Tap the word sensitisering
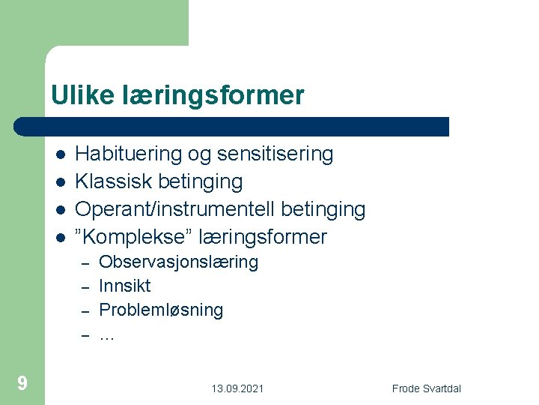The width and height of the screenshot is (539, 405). pyautogui.click(x=275, y=154)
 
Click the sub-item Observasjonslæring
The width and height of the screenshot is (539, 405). pyautogui.click(x=178, y=262)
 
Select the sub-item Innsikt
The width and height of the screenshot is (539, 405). pyautogui.click(x=124, y=286)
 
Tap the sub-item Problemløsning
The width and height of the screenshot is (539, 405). pyautogui.click(x=161, y=310)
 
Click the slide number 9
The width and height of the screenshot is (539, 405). pyautogui.click(x=22, y=384)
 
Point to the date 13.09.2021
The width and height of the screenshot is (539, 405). pyautogui.click(x=237, y=388)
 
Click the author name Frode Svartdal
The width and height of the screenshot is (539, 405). pyautogui.click(x=427, y=388)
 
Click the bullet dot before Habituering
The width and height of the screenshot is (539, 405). pyautogui.click(x=59, y=154)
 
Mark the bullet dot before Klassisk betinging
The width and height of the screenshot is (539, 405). pyautogui.click(x=59, y=182)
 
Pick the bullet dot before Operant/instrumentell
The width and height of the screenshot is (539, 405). pyautogui.click(x=59, y=210)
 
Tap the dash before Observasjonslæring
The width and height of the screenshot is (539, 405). pyautogui.click(x=85, y=263)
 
